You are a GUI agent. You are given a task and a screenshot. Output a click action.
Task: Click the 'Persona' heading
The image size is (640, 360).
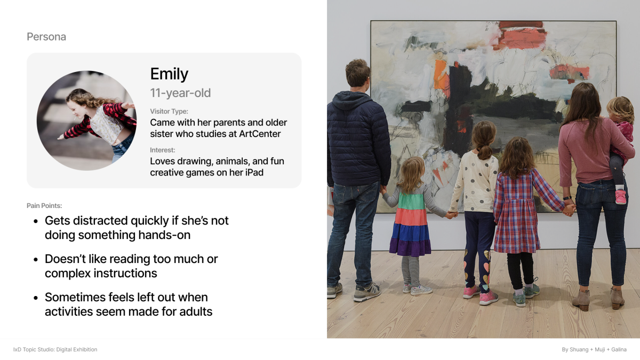point(46,37)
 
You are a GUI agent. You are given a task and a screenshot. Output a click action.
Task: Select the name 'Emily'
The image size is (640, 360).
point(169,74)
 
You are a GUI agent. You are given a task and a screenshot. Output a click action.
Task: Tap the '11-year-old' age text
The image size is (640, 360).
point(180,93)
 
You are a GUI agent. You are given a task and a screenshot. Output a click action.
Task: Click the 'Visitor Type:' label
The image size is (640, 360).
point(169,111)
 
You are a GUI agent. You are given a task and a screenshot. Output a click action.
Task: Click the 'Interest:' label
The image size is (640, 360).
point(163,150)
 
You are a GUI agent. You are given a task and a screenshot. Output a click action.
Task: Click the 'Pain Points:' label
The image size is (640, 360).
point(44,206)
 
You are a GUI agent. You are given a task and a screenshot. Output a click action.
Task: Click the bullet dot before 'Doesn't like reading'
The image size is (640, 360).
point(36,259)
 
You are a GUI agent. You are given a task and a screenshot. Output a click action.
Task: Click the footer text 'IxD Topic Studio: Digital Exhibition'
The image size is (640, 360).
point(55,349)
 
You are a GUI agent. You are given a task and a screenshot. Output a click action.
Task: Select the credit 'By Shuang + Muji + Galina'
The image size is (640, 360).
point(594,349)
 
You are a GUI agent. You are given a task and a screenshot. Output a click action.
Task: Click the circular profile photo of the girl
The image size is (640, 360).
point(86,121)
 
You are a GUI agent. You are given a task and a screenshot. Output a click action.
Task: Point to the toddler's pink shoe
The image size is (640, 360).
point(621,197)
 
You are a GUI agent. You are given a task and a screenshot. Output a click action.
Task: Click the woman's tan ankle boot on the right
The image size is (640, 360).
point(617,298)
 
